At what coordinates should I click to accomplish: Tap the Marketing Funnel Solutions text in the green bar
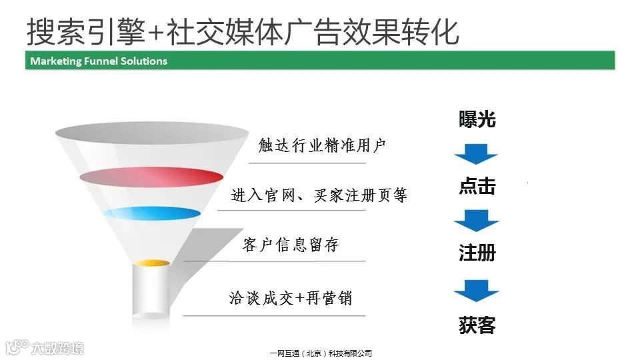(x=99, y=61)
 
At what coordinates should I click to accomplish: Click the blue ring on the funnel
(x=151, y=214)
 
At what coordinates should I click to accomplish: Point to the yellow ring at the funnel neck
(x=152, y=263)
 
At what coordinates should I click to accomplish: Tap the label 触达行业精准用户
(x=322, y=145)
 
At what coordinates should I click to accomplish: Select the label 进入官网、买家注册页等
(x=319, y=195)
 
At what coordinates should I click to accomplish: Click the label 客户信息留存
(x=291, y=245)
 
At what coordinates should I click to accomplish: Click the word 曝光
(x=477, y=119)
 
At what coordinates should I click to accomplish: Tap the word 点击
(x=477, y=186)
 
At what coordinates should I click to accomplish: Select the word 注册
(x=477, y=253)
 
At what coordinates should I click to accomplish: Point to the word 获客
(x=477, y=326)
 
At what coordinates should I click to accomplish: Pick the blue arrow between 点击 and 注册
(x=476, y=220)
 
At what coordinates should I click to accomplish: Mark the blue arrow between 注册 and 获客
(x=476, y=291)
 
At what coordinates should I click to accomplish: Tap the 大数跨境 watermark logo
(x=45, y=347)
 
